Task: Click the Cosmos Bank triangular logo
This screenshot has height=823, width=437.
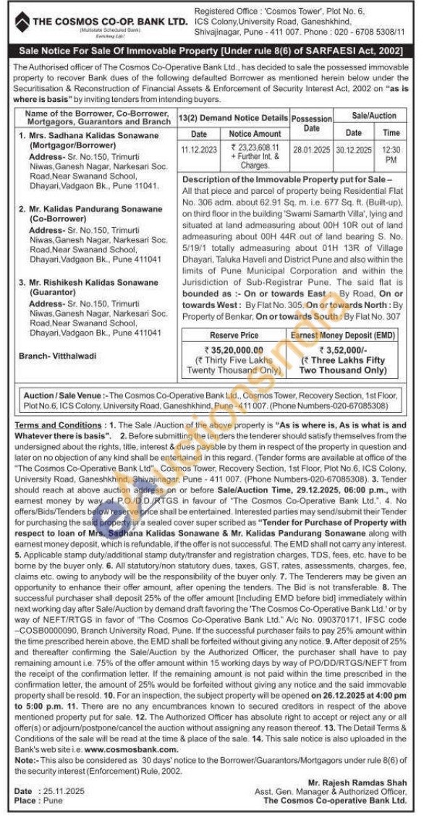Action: (x=22, y=21)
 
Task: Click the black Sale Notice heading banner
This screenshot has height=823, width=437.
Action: (x=218, y=51)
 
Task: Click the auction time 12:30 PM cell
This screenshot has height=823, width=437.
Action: (x=391, y=153)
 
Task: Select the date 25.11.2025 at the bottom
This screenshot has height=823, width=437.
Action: (x=59, y=792)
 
